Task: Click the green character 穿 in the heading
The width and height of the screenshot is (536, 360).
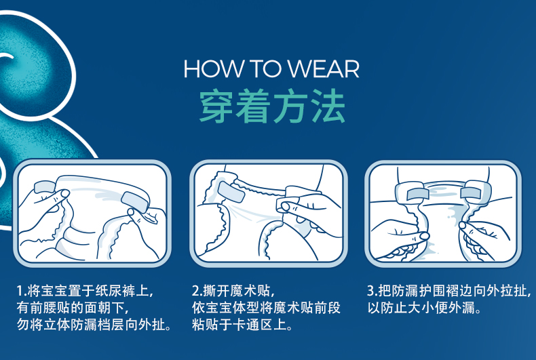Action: (216, 106)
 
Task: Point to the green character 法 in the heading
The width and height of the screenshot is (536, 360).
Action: (328, 106)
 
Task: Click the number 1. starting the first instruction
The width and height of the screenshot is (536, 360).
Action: (22, 291)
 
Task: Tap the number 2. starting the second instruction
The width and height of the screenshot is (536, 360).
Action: (197, 291)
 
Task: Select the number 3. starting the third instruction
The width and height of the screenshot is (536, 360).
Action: (372, 291)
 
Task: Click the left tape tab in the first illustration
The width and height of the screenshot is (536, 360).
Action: (44, 186)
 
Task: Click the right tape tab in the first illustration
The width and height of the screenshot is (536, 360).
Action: (135, 202)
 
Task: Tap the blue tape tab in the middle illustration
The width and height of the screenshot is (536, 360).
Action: (231, 192)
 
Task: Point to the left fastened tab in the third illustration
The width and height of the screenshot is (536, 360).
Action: (417, 194)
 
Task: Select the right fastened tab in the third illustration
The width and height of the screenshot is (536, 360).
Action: (472, 193)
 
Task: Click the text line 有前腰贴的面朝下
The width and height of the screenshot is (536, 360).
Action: (73, 308)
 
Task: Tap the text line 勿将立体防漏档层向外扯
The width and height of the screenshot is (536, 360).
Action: (94, 325)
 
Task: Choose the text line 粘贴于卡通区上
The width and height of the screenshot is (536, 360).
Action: (242, 325)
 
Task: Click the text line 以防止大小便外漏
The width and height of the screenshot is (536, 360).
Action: (425, 308)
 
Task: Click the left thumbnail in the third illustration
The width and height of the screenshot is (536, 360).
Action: (424, 236)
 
